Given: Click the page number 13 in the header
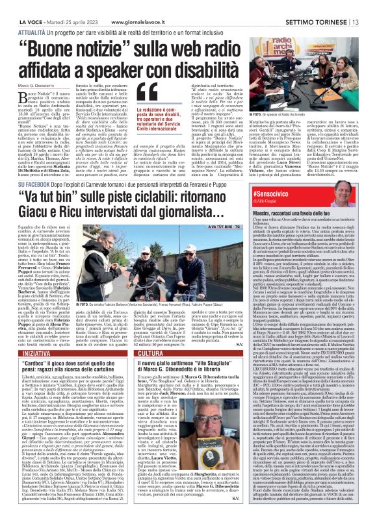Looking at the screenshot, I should (x=369, y=6).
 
